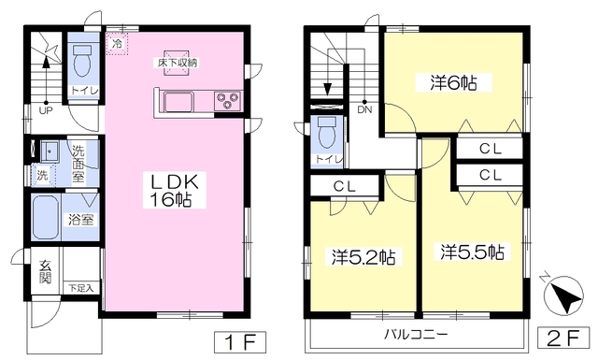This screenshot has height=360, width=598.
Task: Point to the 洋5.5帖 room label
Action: tap(473, 252)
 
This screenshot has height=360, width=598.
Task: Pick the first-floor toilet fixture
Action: tap(79, 63)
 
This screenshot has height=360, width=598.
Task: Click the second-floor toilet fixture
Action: tap(326, 135)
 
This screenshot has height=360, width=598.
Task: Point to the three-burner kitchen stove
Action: tap(227, 99)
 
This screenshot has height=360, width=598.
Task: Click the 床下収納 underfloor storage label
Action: tap(177, 62)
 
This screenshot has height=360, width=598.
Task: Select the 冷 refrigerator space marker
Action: tap(117, 42)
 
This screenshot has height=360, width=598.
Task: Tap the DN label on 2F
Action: tap(363, 110)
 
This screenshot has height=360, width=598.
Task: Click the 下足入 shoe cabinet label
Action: tap(80, 288)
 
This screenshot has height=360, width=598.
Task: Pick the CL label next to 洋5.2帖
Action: tap(344, 186)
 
